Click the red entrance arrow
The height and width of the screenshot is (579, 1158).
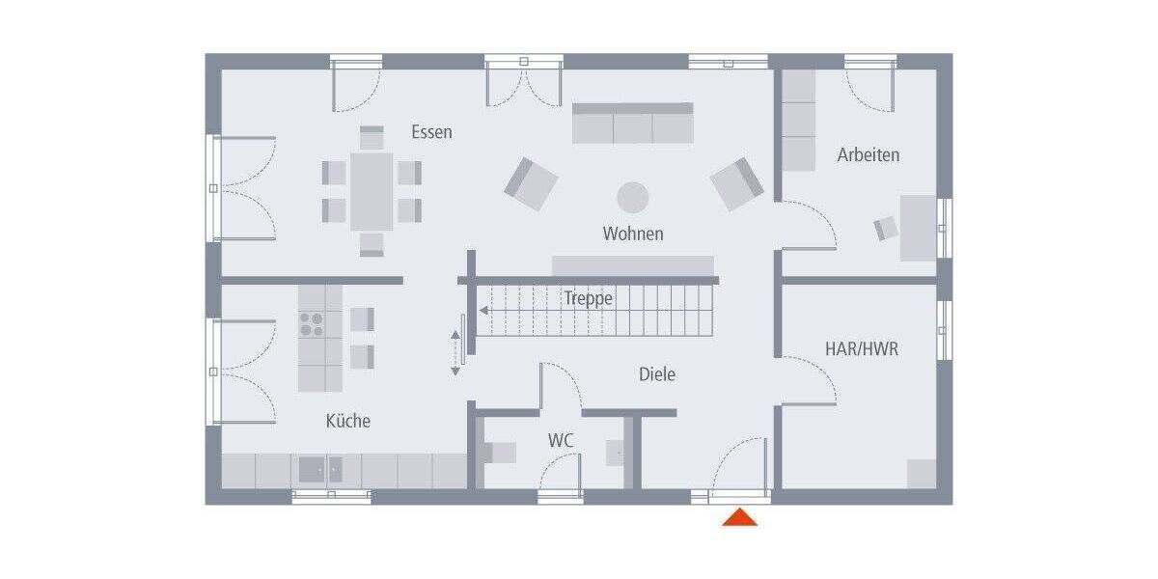point(740,518)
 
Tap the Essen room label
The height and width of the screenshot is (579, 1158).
point(431,132)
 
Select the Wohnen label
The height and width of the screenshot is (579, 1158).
point(633,234)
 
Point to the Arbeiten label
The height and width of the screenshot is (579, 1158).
point(868,154)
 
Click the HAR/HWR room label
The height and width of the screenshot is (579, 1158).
point(862,348)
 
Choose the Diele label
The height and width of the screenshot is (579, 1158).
point(656,374)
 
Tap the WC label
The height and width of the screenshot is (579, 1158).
point(561,440)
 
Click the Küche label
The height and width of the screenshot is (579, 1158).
point(347,421)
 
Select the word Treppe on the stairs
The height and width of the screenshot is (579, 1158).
point(589,299)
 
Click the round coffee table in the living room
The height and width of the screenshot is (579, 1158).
point(633,197)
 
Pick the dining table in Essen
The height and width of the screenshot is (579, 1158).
point(372,190)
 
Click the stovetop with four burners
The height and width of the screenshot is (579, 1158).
point(312,323)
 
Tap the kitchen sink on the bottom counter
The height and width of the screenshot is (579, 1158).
point(319,470)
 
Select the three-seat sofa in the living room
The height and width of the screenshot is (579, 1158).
point(633,124)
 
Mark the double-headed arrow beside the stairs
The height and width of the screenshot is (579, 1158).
point(455,352)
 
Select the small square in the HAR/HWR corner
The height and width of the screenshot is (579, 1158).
point(921,474)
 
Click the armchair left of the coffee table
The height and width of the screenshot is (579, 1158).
point(531,183)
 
